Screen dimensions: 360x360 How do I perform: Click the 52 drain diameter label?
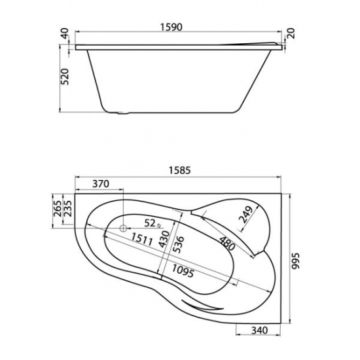[x=149, y=223]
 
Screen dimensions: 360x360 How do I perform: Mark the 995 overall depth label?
[x=298, y=259]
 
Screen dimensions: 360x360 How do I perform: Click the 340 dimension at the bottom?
[x=262, y=331]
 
